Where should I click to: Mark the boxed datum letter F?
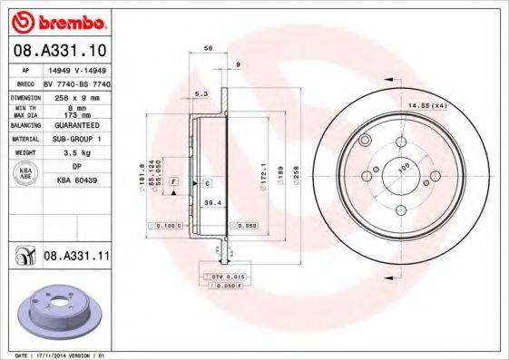pyautogui.click(x=173, y=183)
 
